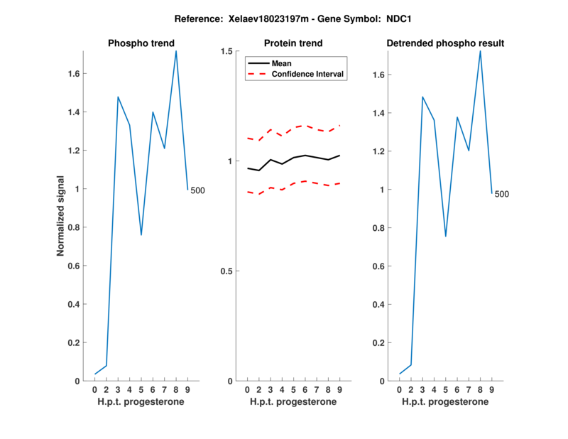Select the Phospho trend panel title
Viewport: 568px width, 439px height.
point(141,43)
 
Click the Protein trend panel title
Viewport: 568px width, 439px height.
point(293,43)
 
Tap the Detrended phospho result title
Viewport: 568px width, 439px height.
point(445,43)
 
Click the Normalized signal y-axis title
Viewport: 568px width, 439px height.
point(61,216)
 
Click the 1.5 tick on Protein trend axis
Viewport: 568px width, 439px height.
point(229,51)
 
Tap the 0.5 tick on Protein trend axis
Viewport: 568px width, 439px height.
point(229,271)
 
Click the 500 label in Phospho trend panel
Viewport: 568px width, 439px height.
point(197,190)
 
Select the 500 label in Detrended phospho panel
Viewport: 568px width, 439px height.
point(501,194)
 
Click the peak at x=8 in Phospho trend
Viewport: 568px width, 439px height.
point(176,51)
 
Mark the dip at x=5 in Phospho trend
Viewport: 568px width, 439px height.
point(141,234)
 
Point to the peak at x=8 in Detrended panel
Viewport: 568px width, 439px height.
point(480,51)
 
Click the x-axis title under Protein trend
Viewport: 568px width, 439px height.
point(293,402)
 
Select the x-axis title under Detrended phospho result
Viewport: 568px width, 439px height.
point(445,402)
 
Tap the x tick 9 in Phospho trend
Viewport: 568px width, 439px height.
point(187,389)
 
